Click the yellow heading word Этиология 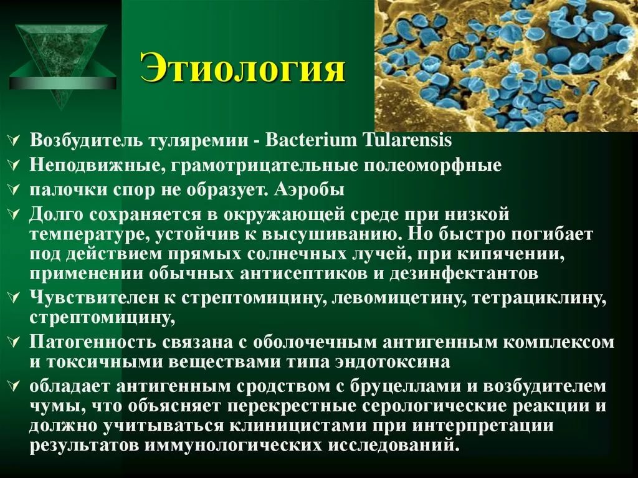(242, 68)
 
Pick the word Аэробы (309, 190)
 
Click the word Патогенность (93, 342)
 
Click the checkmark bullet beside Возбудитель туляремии (14, 140)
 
